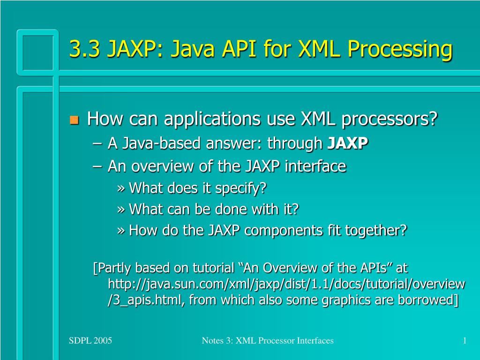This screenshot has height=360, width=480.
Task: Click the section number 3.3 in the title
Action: click(x=84, y=49)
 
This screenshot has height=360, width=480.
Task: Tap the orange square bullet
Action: click(x=74, y=120)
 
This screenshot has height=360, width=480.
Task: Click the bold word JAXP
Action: click(x=348, y=143)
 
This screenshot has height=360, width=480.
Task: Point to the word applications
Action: click(x=212, y=119)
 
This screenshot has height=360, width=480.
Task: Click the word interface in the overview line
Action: click(x=315, y=166)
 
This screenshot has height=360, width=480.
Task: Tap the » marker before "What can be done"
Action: click(x=121, y=210)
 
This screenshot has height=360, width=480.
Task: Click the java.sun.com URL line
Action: click(x=286, y=284)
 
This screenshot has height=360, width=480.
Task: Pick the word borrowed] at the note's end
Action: click(x=428, y=300)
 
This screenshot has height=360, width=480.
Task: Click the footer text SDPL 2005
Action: click(x=90, y=341)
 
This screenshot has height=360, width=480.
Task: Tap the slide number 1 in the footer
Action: click(x=465, y=341)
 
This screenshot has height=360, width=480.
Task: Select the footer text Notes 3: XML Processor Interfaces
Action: click(x=268, y=341)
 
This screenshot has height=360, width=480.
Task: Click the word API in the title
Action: click(x=239, y=49)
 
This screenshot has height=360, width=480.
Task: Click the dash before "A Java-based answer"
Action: click(x=97, y=144)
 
